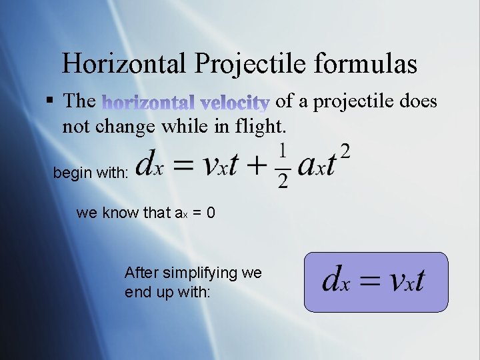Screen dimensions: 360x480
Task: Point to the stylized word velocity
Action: coord(234,102)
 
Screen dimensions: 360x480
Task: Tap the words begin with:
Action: coord(91,173)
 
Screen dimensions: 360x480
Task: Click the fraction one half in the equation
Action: coord(283,165)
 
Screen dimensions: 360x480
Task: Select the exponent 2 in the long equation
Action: coord(345,150)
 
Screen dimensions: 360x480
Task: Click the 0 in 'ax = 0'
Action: coord(210,213)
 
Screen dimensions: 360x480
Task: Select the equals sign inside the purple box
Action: coord(370,281)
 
